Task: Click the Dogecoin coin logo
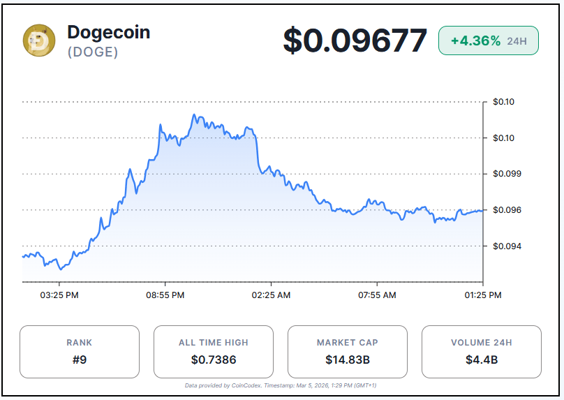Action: click(x=39, y=40)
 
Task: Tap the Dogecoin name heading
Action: click(x=108, y=32)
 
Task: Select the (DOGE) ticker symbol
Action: click(x=93, y=52)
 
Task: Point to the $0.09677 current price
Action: click(x=355, y=40)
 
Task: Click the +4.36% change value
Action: click(x=475, y=40)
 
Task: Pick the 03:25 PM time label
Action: click(x=59, y=295)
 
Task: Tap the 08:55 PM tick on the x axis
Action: click(x=165, y=295)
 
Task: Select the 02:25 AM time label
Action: click(x=271, y=295)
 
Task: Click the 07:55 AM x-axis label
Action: click(x=377, y=295)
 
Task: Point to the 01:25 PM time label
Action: click(x=482, y=295)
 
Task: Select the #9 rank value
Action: click(x=80, y=360)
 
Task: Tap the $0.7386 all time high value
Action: click(x=214, y=360)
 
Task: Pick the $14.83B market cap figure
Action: click(x=348, y=360)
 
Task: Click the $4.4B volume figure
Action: click(x=482, y=360)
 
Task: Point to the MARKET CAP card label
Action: click(x=348, y=343)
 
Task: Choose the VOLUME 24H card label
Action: click(x=482, y=343)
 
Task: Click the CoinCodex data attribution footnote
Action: click(x=282, y=385)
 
